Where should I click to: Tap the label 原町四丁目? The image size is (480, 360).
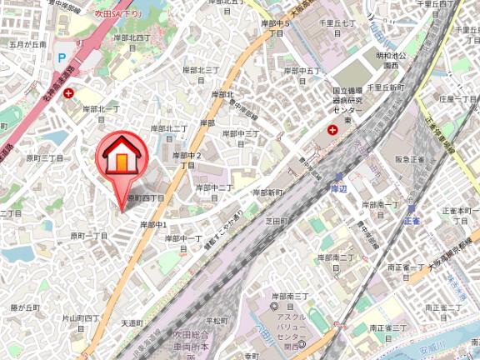pos(147,197)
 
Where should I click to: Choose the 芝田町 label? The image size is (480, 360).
pos(276,221)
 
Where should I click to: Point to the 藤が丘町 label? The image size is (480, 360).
pos(25,307)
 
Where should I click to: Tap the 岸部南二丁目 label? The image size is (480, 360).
pos(337,257)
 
